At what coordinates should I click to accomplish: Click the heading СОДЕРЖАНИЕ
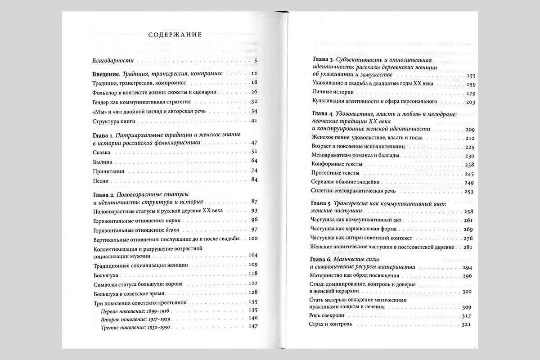tap(174, 35)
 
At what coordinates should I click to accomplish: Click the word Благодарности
tap(110, 61)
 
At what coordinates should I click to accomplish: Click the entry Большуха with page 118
tap(106, 274)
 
